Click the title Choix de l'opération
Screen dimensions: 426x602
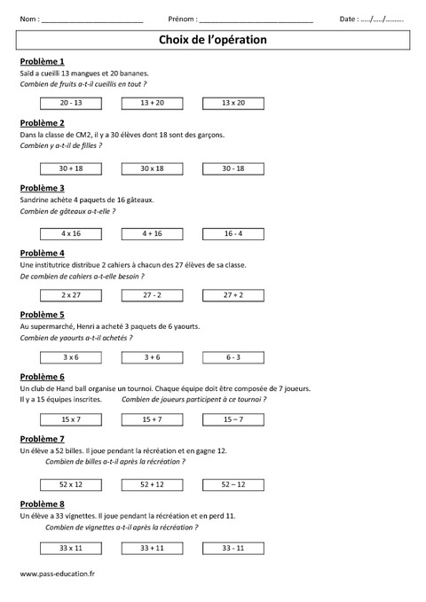[212, 40]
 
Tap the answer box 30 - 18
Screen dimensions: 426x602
[233, 168]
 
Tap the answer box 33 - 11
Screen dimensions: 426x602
[233, 548]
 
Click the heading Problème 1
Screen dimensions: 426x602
[41, 60]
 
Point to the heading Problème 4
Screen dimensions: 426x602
[41, 253]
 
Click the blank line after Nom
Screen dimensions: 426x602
[92, 20]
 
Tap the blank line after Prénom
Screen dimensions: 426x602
[256, 20]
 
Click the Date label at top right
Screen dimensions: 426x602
[350, 19]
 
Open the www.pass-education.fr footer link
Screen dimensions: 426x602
[57, 574]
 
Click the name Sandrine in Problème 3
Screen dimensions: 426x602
[36, 200]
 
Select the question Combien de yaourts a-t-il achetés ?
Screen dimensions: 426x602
[75, 338]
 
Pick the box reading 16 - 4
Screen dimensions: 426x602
[233, 233]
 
